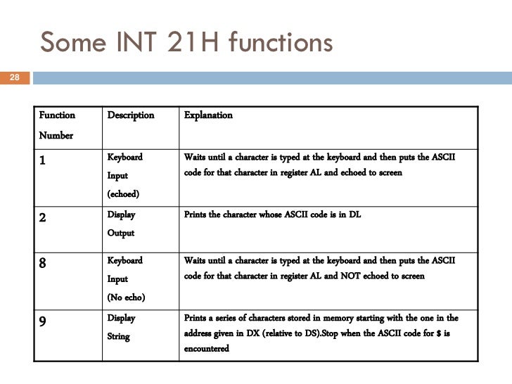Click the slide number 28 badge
click(x=14, y=77)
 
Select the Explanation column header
click(x=208, y=115)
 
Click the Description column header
click(x=130, y=115)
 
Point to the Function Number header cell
click(x=56, y=125)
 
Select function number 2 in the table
click(x=43, y=217)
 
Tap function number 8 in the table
click(x=43, y=263)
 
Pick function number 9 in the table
click(x=43, y=321)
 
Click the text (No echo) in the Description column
click(x=126, y=297)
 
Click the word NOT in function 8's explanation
click(x=329, y=276)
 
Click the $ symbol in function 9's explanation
click(x=439, y=333)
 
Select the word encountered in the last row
click(x=206, y=348)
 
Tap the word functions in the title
click(x=279, y=44)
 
